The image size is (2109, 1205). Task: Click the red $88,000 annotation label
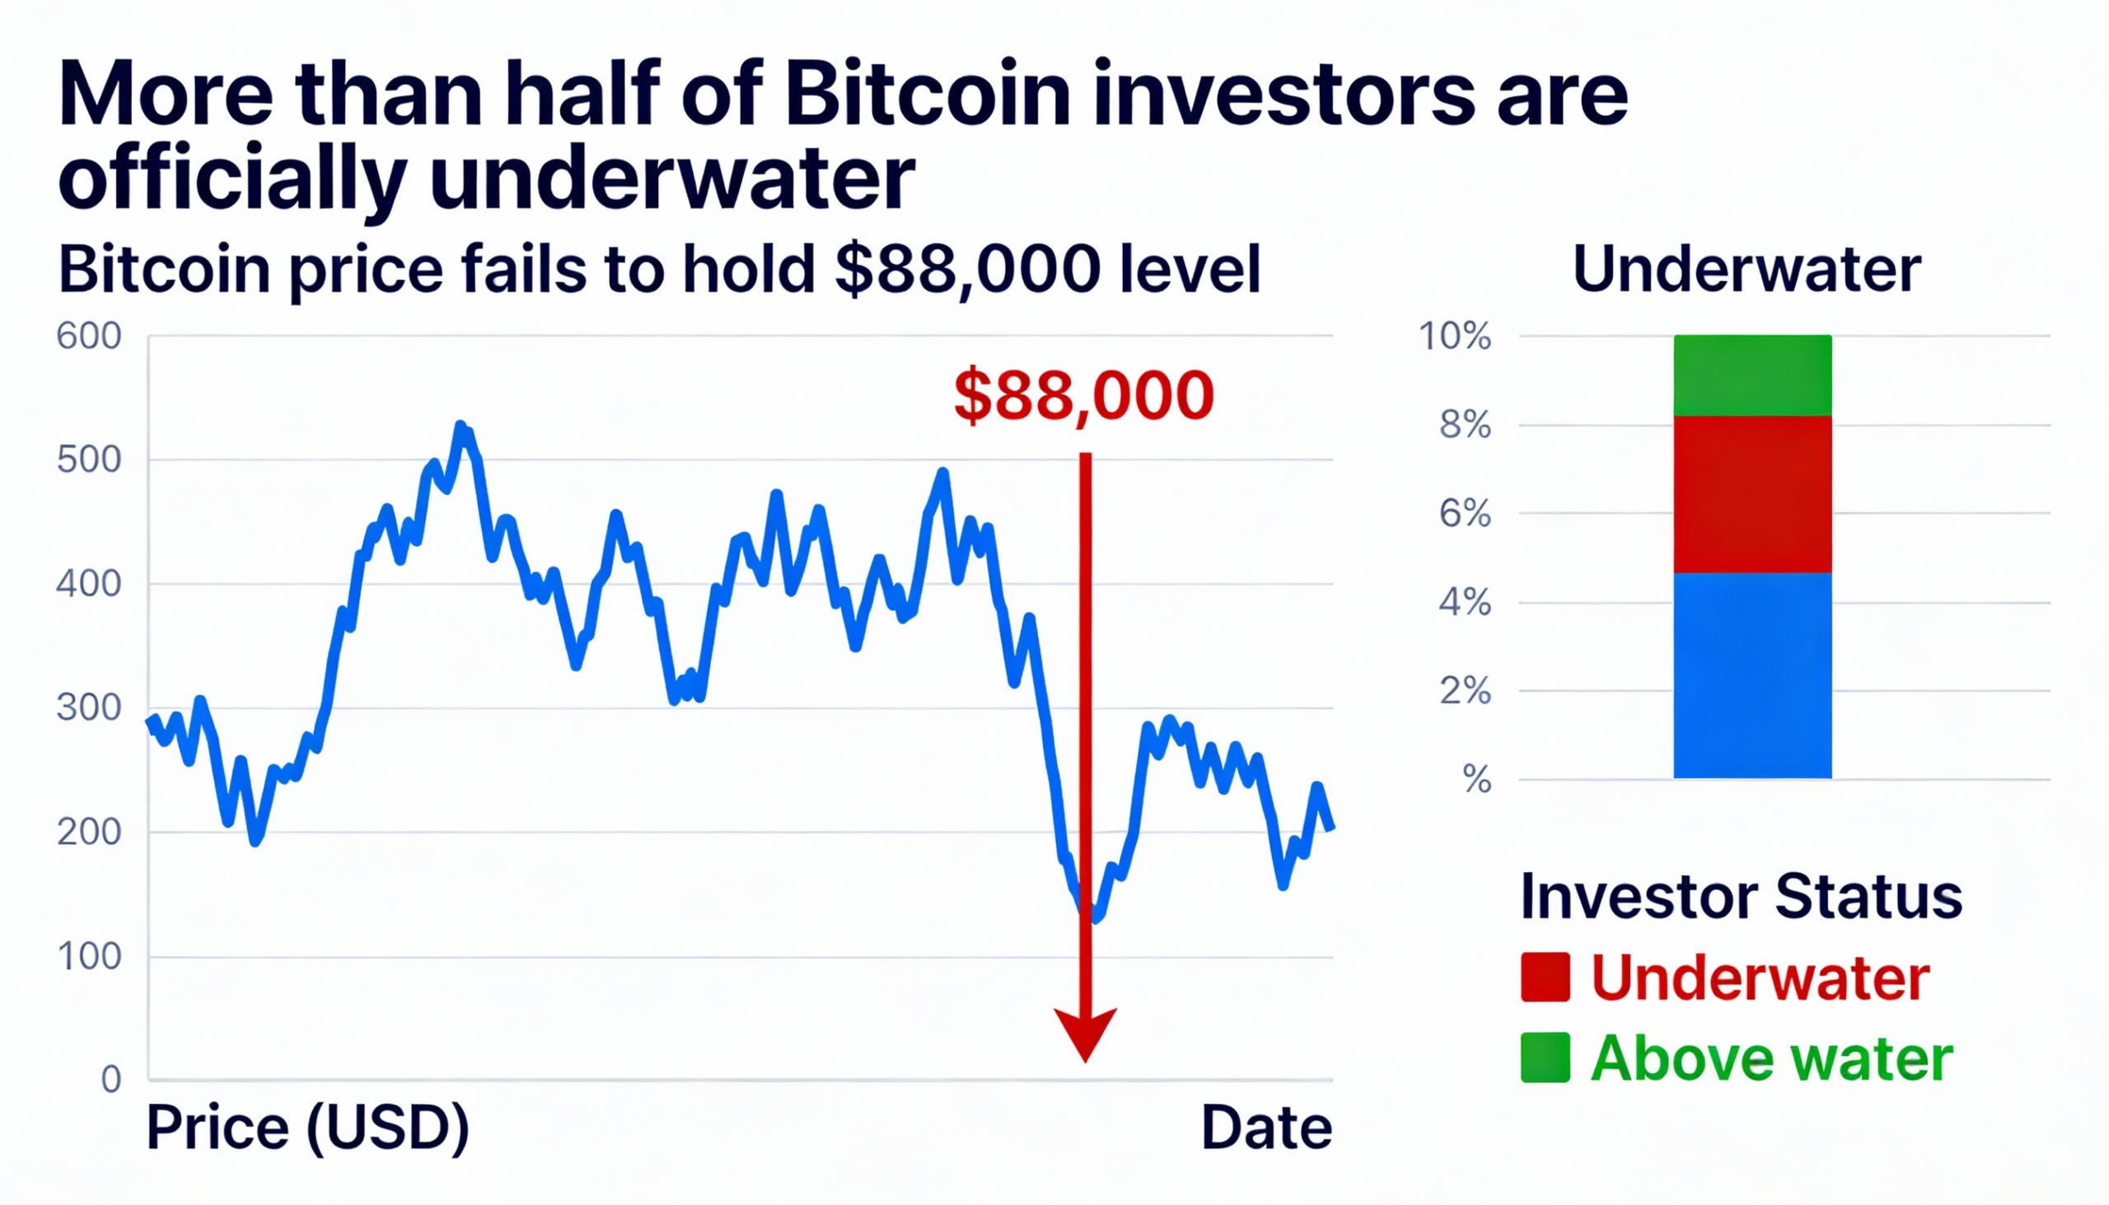tap(1083, 395)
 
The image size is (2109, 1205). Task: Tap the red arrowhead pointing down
tap(1085, 1032)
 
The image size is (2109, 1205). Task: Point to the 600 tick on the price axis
tap(89, 337)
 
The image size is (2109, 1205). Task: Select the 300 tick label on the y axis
tap(89, 708)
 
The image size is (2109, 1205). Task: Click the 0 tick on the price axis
tap(111, 1080)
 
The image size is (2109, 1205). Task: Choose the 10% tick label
tap(1454, 337)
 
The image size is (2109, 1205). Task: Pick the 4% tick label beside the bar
tap(1464, 603)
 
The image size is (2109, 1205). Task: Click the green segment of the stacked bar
tap(1751, 375)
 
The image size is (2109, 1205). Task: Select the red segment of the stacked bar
tap(1751, 494)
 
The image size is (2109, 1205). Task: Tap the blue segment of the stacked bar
tap(1751, 675)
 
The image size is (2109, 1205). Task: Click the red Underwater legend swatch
tap(1545, 978)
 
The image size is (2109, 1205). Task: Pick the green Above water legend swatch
tap(1545, 1058)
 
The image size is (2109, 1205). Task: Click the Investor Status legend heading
tap(1741, 896)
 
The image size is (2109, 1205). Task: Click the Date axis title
tap(1265, 1128)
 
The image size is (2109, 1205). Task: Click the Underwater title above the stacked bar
tap(1747, 270)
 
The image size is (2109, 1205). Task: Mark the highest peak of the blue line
tap(461, 425)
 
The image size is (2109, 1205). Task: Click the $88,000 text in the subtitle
tap(968, 270)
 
